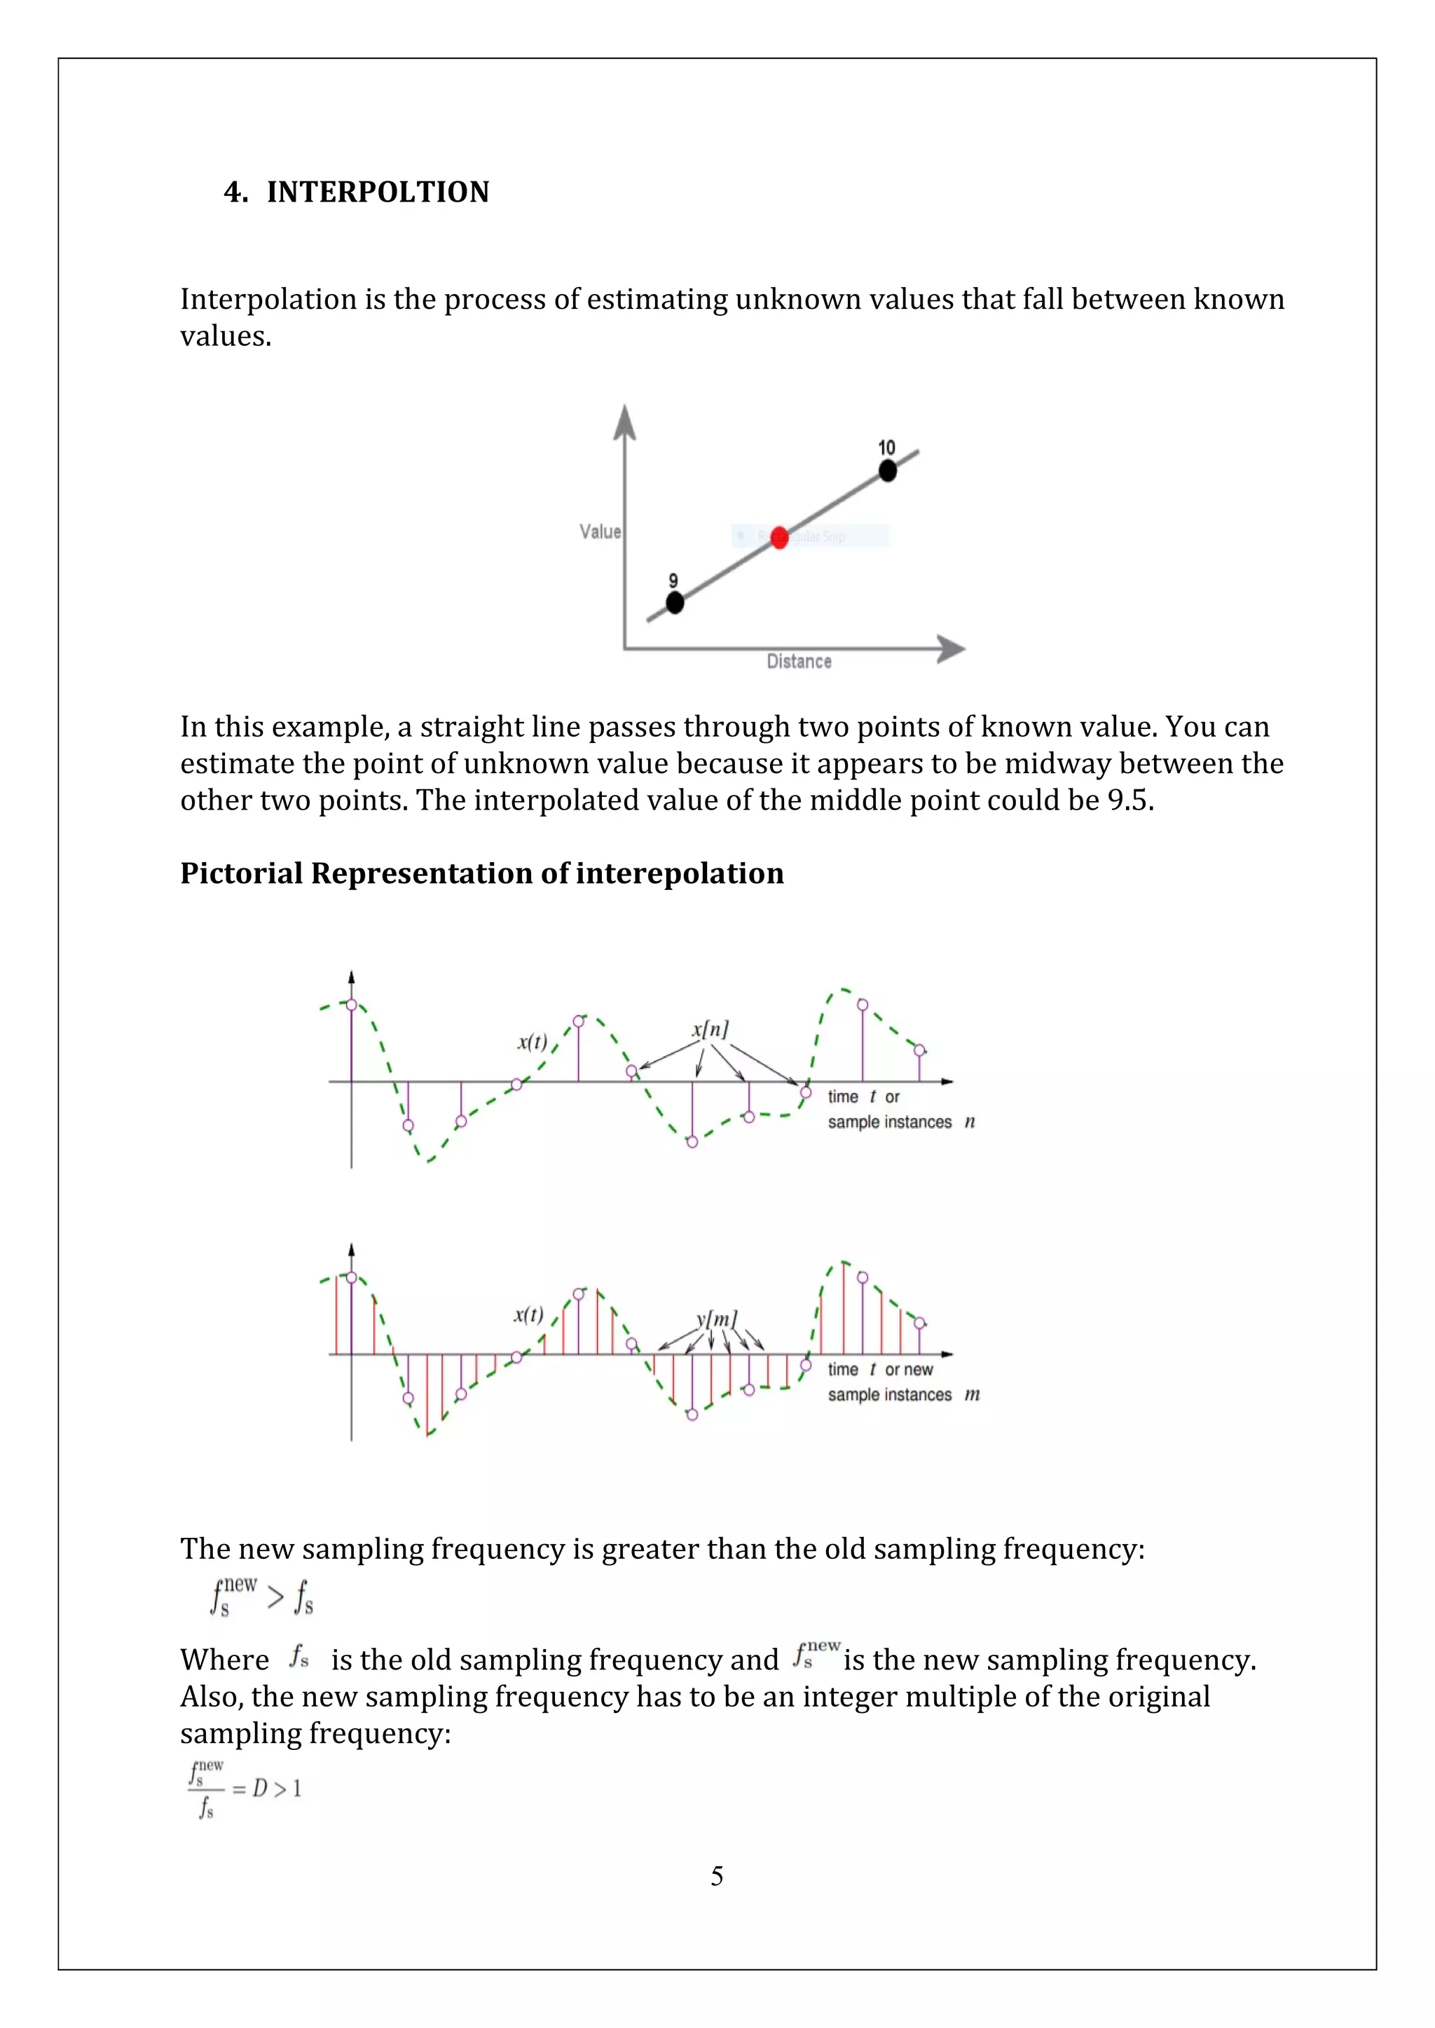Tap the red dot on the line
pos(778,537)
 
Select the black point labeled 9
pos(674,602)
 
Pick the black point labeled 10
pos(887,471)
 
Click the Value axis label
pos(600,531)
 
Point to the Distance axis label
pos(799,662)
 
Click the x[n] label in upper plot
pos(710,1029)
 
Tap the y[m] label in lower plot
pos(715,1319)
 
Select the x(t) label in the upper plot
pos(532,1042)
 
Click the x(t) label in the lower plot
pos(528,1314)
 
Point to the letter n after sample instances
pos(969,1122)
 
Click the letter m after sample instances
pos(972,1395)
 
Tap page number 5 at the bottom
pos(717,1875)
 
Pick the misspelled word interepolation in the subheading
pos(680,873)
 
